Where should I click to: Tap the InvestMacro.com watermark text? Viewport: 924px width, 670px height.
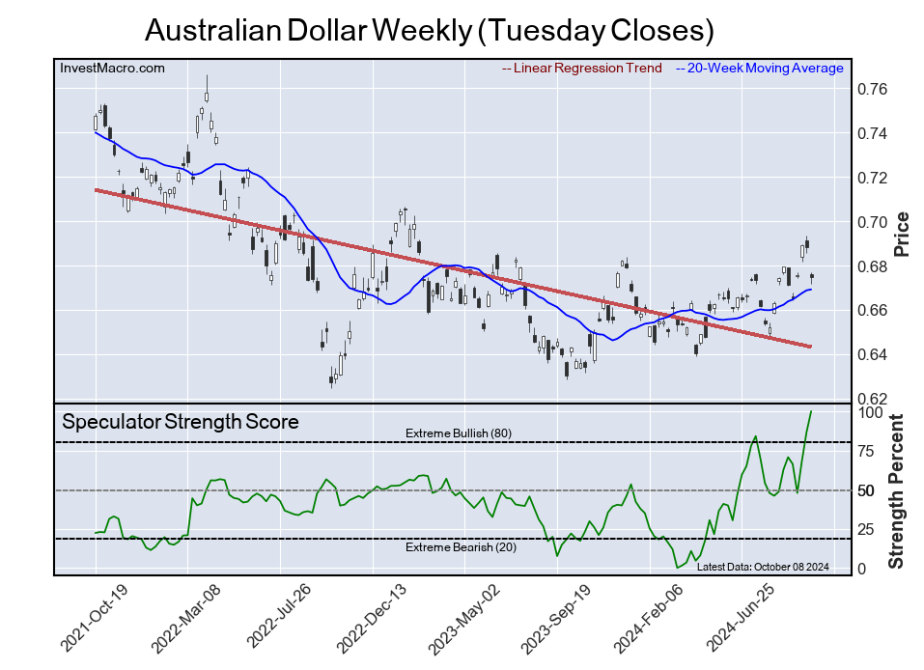pyautogui.click(x=112, y=68)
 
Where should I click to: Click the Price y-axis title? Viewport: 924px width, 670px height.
pyautogui.click(x=902, y=233)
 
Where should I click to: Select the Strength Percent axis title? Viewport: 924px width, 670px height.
pyautogui.click(x=898, y=491)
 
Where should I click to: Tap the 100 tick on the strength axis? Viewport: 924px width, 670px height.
pyautogui.click(x=871, y=412)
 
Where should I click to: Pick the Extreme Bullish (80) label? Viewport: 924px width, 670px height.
pyautogui.click(x=458, y=433)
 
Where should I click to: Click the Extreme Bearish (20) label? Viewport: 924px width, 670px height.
pyautogui.click(x=458, y=547)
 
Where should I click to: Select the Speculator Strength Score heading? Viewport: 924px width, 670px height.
pyautogui.click(x=180, y=422)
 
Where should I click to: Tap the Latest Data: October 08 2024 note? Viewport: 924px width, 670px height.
pyautogui.click(x=762, y=567)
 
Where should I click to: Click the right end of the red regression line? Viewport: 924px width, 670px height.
pyautogui.click(x=809, y=347)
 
